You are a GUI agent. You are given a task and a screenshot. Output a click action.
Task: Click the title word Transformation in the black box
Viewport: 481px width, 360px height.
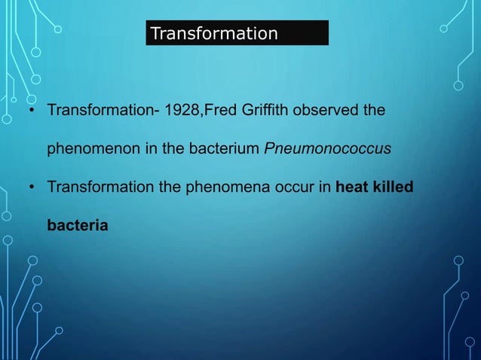click(214, 34)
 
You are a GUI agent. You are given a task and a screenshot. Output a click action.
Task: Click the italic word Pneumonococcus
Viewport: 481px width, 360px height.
click(327, 148)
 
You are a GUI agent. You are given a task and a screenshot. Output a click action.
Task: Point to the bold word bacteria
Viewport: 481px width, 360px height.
click(78, 224)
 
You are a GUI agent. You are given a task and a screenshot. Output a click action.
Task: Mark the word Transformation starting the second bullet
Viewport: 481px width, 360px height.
click(93, 186)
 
